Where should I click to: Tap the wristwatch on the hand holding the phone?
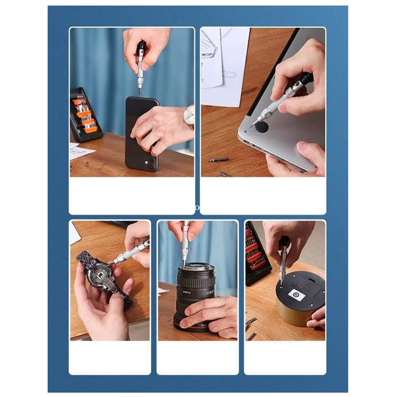coord(189,116)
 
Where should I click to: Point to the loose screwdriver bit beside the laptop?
coord(218,160)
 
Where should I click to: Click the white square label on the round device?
coord(296,294)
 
